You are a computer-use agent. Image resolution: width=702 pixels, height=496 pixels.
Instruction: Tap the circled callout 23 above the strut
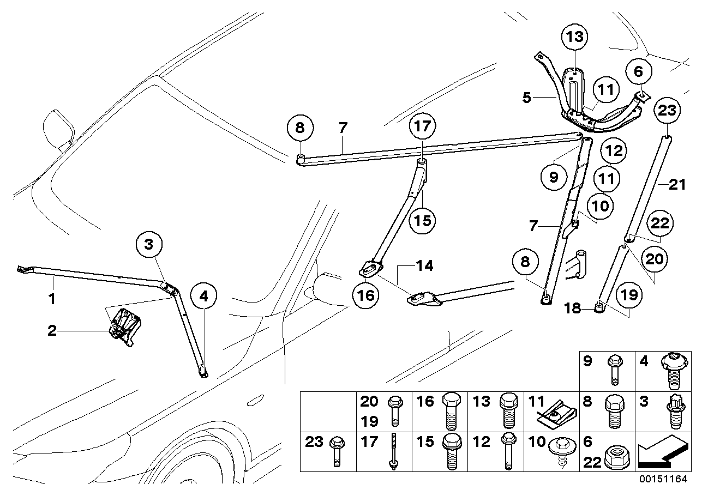tap(669, 111)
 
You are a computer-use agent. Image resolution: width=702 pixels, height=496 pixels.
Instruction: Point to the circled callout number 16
tap(366, 295)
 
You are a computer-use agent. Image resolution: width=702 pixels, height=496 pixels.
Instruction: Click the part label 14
tap(425, 266)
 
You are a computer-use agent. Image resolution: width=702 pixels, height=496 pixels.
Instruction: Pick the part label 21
tap(676, 185)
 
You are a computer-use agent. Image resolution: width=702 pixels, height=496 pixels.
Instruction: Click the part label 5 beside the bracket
tap(526, 98)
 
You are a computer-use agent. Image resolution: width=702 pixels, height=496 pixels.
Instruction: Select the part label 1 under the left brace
tap(52, 299)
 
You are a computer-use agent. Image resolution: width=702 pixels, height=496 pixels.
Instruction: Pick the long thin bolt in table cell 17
tap(392, 450)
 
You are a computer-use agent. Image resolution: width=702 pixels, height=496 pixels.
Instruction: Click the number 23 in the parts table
tap(314, 441)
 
